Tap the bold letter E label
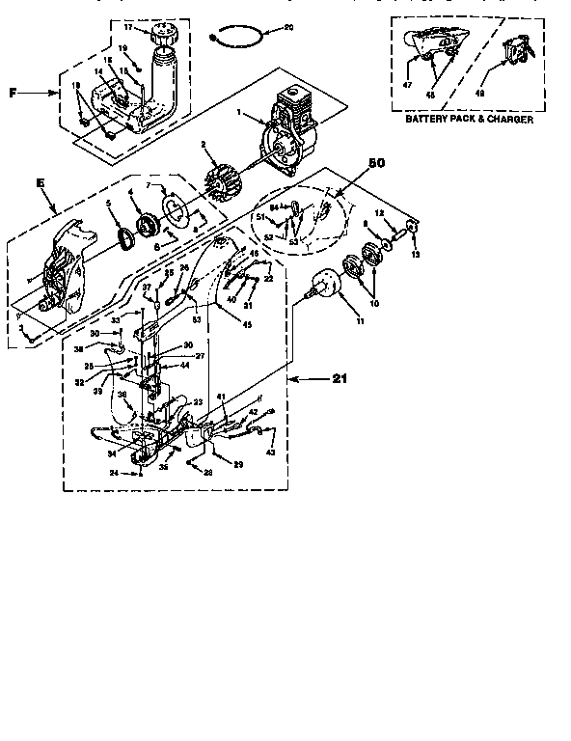(40, 180)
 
